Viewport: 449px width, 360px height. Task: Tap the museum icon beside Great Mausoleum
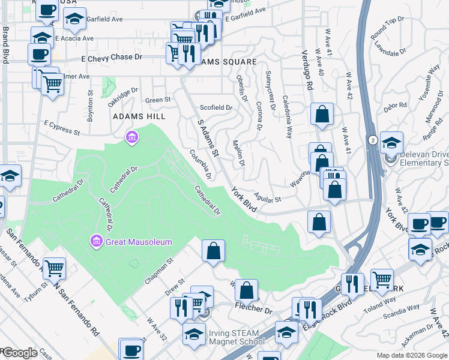pyautogui.click(x=95, y=242)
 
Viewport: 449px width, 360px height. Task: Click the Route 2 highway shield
pyautogui.click(x=373, y=139)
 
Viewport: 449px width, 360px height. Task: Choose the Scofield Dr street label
pyautogui.click(x=215, y=107)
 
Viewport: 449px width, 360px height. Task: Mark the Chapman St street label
pyautogui.click(x=158, y=271)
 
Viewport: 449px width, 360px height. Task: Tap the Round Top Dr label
pyautogui.click(x=387, y=29)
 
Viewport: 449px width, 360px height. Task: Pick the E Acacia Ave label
pyautogui.click(x=74, y=38)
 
